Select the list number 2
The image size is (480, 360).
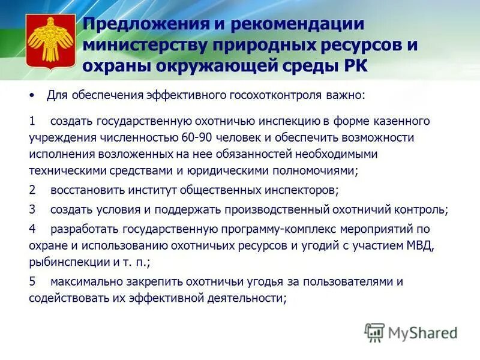(x=32, y=191)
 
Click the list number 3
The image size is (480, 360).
(x=32, y=210)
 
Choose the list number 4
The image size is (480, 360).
(x=32, y=229)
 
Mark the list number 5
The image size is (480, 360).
(x=32, y=281)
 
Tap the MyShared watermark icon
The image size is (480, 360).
(x=374, y=331)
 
